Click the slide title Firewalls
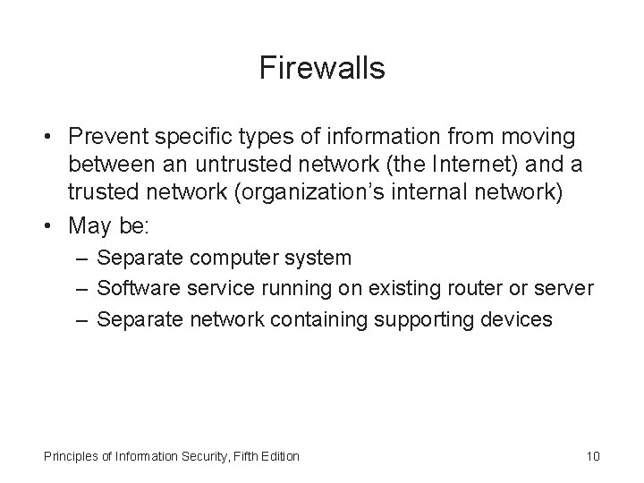point(322,68)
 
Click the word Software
point(132,288)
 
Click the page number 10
point(592,457)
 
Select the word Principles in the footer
point(70,457)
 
